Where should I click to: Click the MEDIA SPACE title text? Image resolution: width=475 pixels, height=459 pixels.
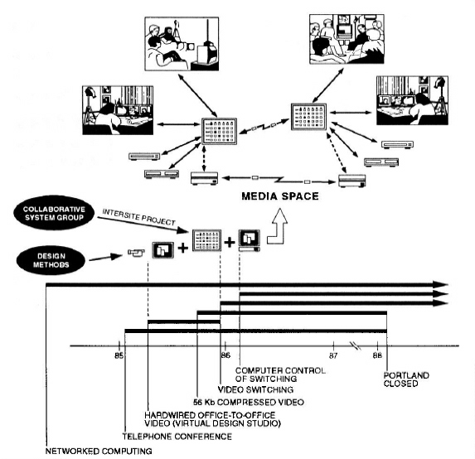click(x=280, y=196)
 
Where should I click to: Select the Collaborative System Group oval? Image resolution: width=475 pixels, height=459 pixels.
click(x=54, y=213)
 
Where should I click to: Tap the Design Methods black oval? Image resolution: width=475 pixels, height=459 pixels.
click(x=51, y=260)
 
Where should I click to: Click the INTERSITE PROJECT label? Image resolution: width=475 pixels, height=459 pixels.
click(x=139, y=217)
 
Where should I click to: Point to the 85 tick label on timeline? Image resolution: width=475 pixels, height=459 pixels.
click(x=119, y=355)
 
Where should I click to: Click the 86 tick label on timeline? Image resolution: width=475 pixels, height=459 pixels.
click(x=225, y=355)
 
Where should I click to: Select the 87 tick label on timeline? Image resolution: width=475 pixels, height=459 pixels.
click(x=333, y=355)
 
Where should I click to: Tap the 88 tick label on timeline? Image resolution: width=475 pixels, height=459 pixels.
click(x=377, y=355)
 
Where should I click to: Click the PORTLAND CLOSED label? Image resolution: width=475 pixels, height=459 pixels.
click(x=406, y=379)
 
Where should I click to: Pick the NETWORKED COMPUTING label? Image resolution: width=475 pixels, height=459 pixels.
click(x=99, y=451)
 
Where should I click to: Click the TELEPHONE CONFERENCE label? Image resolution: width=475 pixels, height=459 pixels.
click(x=177, y=437)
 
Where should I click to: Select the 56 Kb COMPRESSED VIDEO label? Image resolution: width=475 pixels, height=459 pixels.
click(x=249, y=402)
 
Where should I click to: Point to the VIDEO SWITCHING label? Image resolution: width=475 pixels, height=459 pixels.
click(x=255, y=389)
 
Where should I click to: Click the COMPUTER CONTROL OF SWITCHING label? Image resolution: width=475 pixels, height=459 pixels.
click(x=280, y=374)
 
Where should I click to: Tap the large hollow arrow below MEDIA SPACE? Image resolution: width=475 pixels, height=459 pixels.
click(x=277, y=227)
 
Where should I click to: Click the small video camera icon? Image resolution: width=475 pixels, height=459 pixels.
click(x=136, y=253)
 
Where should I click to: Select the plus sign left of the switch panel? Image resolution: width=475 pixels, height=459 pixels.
click(x=182, y=248)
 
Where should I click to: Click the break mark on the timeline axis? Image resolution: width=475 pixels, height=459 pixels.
click(x=356, y=345)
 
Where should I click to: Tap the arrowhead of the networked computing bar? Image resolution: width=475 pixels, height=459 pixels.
click(x=440, y=285)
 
